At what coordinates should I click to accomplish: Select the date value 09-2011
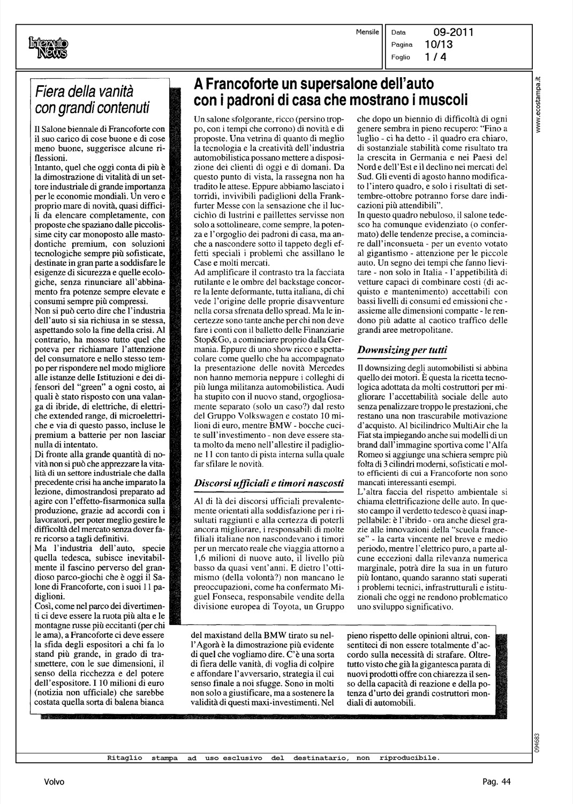(450, 33)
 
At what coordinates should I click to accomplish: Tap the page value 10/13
(439, 45)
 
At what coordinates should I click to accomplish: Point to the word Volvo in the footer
(54, 782)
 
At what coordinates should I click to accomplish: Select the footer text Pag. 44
(496, 782)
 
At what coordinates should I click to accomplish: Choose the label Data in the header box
(398, 33)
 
